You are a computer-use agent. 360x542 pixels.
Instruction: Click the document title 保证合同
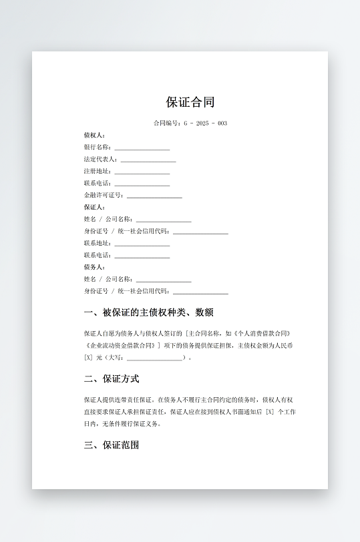click(190, 102)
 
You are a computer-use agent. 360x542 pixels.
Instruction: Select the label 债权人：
click(94, 135)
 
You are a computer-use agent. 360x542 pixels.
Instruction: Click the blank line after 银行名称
click(142, 148)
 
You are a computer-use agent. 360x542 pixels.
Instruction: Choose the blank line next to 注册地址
click(142, 172)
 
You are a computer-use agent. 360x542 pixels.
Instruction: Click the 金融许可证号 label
click(104, 196)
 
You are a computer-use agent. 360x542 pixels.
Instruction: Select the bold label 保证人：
click(94, 208)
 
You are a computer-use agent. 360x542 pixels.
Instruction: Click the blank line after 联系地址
click(142, 244)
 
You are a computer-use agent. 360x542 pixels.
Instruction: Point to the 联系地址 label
click(98, 244)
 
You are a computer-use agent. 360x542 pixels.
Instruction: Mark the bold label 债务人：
click(94, 268)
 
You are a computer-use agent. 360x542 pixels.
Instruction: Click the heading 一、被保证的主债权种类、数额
click(148, 312)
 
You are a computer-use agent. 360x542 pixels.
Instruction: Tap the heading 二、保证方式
click(112, 378)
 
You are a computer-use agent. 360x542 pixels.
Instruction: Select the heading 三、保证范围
click(112, 445)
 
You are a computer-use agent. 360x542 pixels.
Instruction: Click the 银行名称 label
click(98, 148)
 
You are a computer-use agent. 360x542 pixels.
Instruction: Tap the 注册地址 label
click(98, 172)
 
